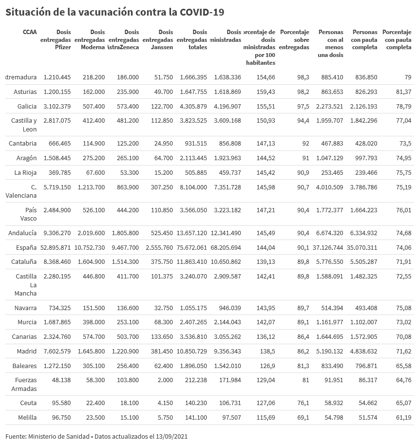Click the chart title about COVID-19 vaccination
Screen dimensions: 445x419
115,12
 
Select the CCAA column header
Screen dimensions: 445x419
29,32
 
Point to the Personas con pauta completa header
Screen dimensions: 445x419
364,39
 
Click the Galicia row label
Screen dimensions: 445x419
27,106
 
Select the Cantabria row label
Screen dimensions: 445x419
23,143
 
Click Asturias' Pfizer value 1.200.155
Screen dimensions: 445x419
57,92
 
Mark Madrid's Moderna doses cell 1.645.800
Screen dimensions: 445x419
91,351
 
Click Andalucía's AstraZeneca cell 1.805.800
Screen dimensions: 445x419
125,233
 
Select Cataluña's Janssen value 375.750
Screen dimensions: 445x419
159,261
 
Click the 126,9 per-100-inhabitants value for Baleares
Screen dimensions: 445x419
266,365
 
